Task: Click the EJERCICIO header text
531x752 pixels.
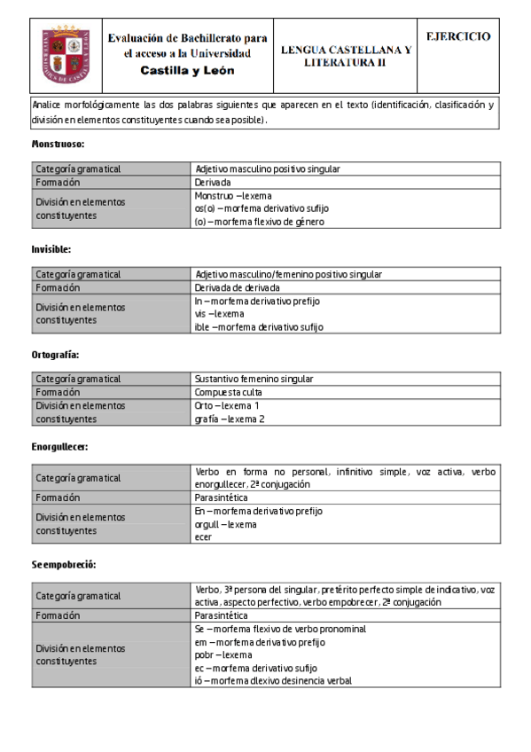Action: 457,37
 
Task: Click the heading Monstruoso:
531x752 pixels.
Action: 58,144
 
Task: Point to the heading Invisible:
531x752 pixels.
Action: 51,249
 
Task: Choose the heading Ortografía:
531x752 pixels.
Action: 56,354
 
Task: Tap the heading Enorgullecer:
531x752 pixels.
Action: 59,446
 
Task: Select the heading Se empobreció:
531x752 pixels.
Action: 63,565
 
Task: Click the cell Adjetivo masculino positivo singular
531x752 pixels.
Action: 268,168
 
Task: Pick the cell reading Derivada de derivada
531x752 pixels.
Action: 238,287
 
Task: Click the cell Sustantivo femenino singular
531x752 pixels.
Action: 254,379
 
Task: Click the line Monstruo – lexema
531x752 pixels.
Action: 232,195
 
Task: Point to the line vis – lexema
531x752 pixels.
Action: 219,314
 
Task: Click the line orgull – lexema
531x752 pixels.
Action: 225,524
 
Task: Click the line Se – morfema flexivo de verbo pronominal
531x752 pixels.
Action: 279,629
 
